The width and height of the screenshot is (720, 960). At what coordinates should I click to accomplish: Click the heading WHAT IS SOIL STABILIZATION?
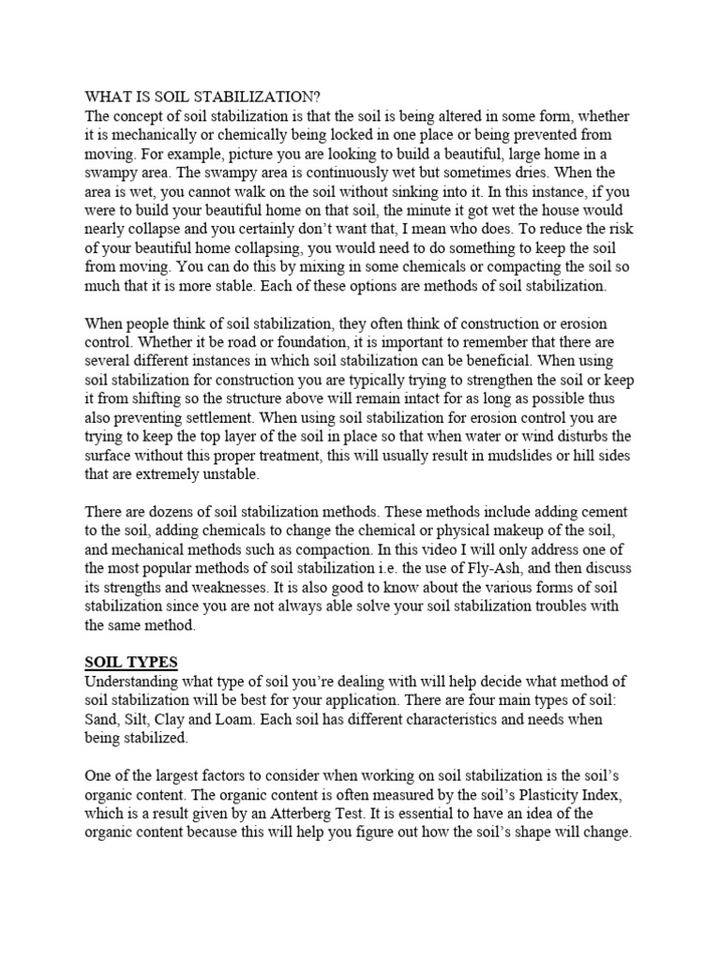point(202,96)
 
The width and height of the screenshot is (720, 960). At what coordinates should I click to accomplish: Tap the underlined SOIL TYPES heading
point(131,663)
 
